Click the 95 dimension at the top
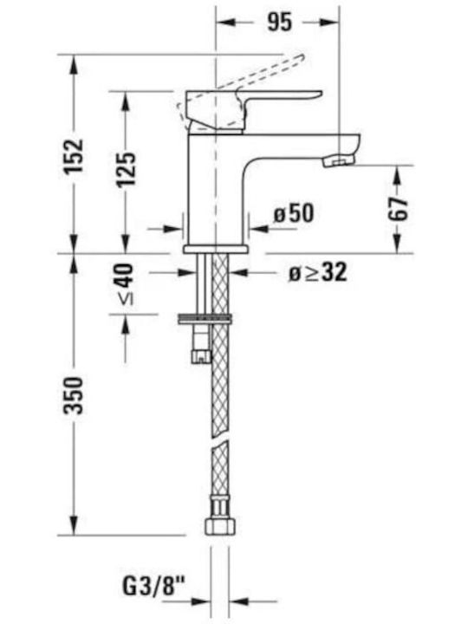click(279, 22)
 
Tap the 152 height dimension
click(74, 156)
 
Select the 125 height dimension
click(126, 169)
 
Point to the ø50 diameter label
click(293, 213)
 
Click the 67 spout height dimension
click(398, 208)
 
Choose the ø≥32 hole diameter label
click(317, 273)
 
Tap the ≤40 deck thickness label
click(126, 283)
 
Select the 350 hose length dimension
click(74, 395)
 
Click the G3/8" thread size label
click(154, 586)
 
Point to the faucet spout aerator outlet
click(338, 161)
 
